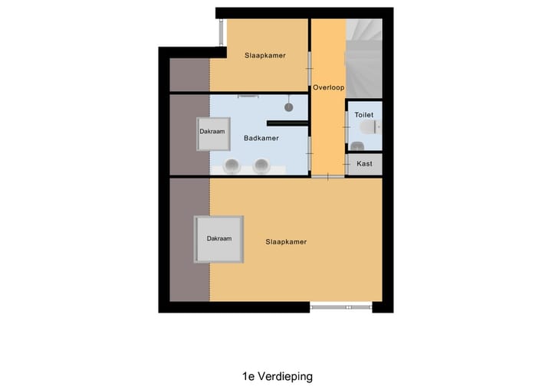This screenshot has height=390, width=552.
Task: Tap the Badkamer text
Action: click(261, 139)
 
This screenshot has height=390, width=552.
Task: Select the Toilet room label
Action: click(364, 115)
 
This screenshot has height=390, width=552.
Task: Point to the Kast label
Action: click(364, 164)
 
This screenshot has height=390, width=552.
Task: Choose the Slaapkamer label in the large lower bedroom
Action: click(286, 242)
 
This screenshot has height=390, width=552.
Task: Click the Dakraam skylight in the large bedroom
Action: click(219, 239)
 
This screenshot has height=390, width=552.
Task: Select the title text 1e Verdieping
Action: click(277, 376)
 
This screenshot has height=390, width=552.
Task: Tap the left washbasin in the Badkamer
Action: click(233, 164)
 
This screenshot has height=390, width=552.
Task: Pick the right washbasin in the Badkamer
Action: click(261, 164)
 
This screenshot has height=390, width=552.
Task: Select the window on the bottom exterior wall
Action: click(341, 306)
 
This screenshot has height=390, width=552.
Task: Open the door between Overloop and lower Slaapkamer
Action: click(328, 177)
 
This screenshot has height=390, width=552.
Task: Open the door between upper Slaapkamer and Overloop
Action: click(310, 65)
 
